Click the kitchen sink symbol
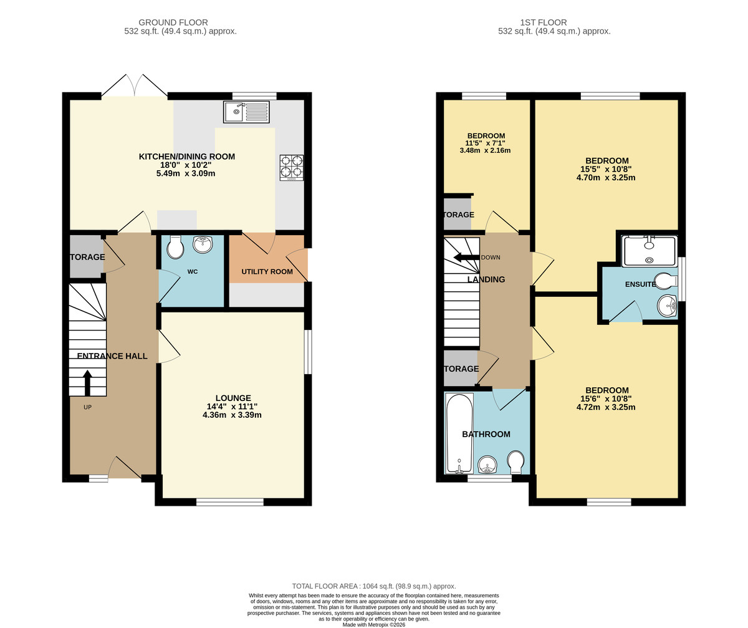(x=246, y=113)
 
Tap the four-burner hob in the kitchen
(x=292, y=167)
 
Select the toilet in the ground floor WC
(x=176, y=248)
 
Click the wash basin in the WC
(x=203, y=244)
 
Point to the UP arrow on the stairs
(x=87, y=383)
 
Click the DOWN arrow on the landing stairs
(x=466, y=258)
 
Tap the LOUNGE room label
(x=233, y=398)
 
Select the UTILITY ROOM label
(x=267, y=272)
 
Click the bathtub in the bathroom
(x=459, y=433)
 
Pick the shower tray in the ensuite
(x=649, y=251)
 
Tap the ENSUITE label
(x=640, y=284)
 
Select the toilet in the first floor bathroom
(x=515, y=462)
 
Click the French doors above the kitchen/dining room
(x=134, y=86)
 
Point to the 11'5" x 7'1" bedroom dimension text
(x=486, y=143)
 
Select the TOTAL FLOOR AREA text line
(x=374, y=586)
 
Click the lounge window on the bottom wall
(x=230, y=502)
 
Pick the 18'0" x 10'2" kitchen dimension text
(x=186, y=165)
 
